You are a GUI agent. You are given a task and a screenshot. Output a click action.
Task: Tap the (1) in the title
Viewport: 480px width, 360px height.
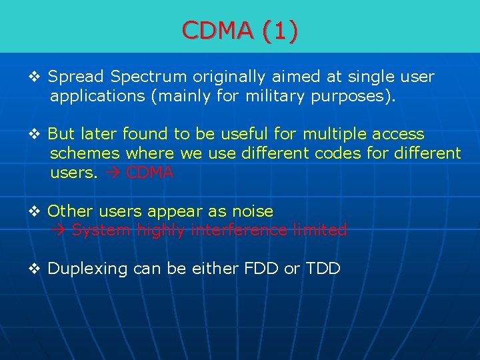coord(280,30)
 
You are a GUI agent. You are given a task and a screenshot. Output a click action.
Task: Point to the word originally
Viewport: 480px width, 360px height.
coord(228,77)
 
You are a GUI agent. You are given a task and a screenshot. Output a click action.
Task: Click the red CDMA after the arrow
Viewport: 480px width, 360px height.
coord(149,173)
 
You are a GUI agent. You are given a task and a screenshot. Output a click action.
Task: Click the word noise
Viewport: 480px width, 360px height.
coord(252,211)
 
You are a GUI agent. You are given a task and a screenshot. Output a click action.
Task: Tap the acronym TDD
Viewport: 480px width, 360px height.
coord(323,269)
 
